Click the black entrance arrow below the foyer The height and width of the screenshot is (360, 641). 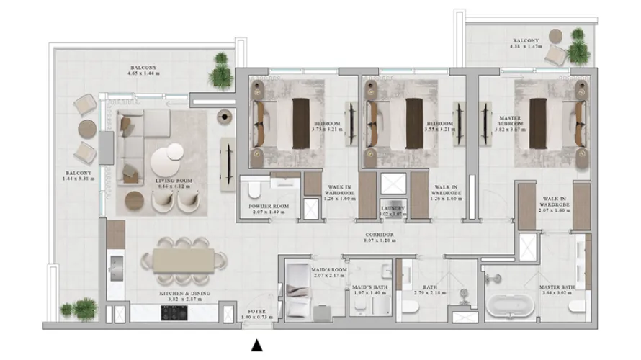256,346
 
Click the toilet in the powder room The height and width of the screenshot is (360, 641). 254,189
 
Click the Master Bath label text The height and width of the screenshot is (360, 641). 557,287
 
